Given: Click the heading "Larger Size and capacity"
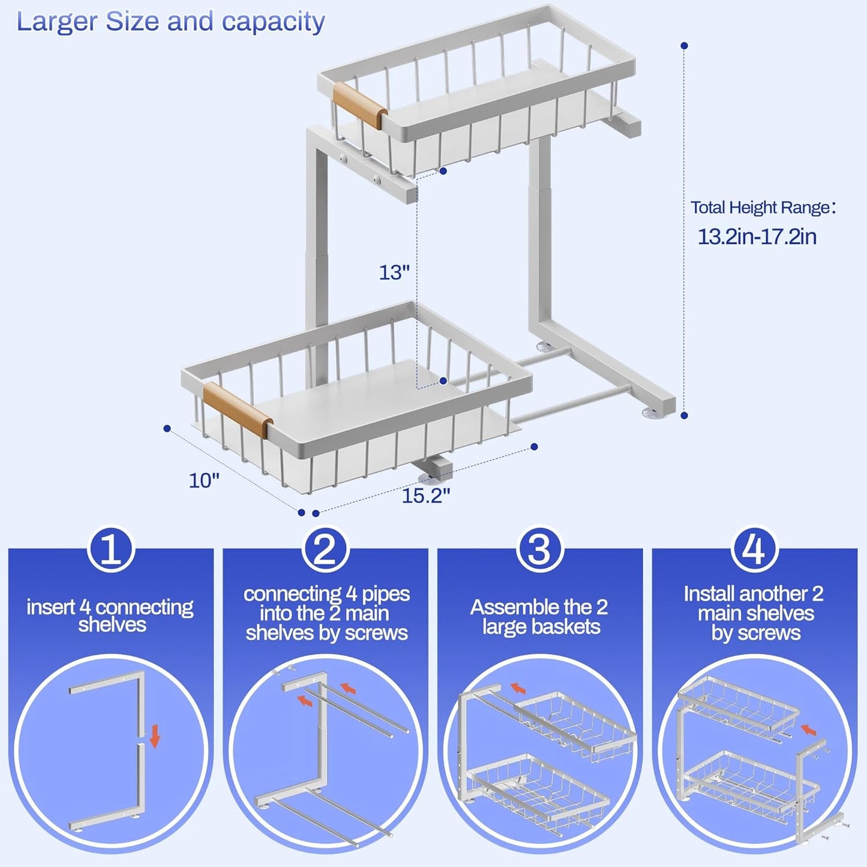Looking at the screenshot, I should click(170, 22).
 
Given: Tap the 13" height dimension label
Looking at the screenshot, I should click(394, 272).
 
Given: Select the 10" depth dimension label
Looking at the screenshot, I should click(204, 481).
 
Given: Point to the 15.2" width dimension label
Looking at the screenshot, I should click(425, 496).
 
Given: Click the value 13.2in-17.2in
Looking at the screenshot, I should click(757, 236).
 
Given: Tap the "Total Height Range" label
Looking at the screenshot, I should click(762, 208).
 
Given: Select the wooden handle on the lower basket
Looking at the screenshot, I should click(238, 410).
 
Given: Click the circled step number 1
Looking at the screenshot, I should click(111, 549).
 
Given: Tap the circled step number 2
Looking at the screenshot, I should click(325, 549).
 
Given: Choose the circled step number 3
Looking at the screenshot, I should click(539, 549).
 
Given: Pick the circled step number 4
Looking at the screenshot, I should click(754, 549).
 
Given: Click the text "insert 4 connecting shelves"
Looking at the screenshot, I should click(110, 616).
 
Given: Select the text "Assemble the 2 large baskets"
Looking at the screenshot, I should click(539, 617).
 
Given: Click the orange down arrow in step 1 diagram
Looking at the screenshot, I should click(155, 736).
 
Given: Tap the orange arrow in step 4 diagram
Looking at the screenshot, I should click(809, 730).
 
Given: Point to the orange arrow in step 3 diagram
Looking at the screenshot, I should click(518, 688).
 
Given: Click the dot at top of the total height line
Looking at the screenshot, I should click(684, 46).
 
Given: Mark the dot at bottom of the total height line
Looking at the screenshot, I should click(684, 415).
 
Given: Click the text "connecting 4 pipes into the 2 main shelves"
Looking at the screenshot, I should click(326, 613).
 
